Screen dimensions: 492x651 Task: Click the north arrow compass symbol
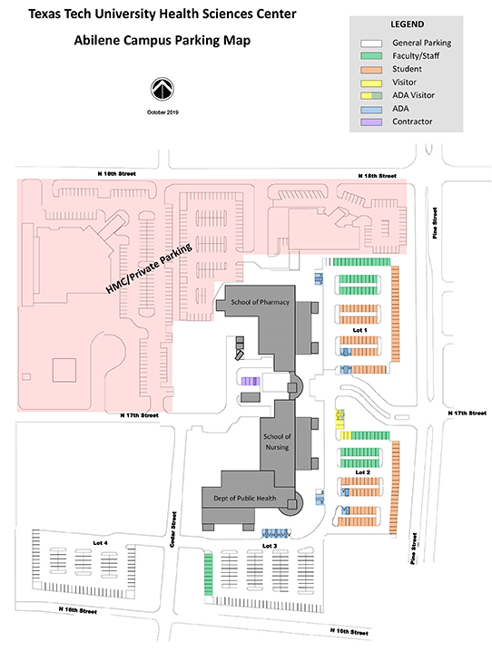tap(162, 89)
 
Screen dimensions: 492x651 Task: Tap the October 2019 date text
tap(162, 112)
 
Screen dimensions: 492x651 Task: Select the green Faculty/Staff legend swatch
tap(371, 55)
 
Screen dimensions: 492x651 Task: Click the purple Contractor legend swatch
tap(371, 121)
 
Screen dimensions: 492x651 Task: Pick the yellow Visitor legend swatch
tap(371, 83)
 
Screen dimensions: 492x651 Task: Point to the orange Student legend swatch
tap(371, 69)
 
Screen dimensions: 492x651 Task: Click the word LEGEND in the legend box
tap(407, 24)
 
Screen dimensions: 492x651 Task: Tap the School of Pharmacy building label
tap(261, 302)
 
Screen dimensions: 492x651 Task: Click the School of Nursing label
tap(277, 442)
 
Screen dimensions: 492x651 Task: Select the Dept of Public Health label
tap(245, 498)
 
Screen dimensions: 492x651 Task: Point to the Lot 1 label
tap(359, 330)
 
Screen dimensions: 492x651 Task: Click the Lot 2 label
tap(362, 472)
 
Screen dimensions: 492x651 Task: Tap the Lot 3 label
tap(270, 546)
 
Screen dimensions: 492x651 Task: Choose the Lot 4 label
tap(100, 543)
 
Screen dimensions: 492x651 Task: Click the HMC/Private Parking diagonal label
tap(149, 268)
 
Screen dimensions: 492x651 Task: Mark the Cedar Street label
tap(173, 529)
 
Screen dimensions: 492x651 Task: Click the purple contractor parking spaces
tap(251, 381)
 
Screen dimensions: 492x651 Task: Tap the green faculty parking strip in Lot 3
tap(208, 574)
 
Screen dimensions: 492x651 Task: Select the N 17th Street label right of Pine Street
tap(467, 413)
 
